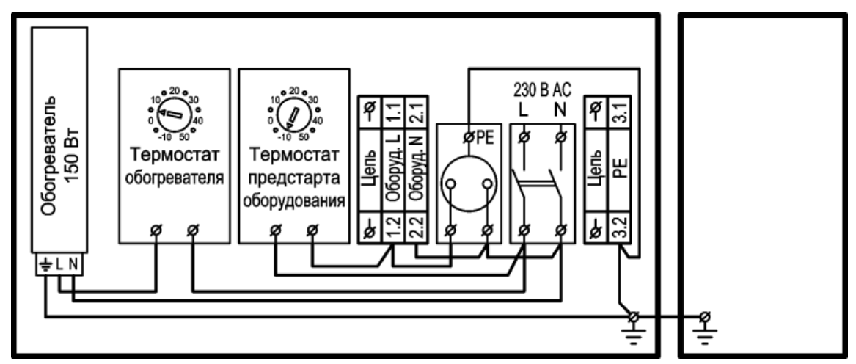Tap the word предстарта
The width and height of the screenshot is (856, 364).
pyautogui.click(x=294, y=179)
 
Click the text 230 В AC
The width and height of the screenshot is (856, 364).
pyautogui.click(x=542, y=90)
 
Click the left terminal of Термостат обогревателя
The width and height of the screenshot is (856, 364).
pyautogui.click(x=155, y=231)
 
